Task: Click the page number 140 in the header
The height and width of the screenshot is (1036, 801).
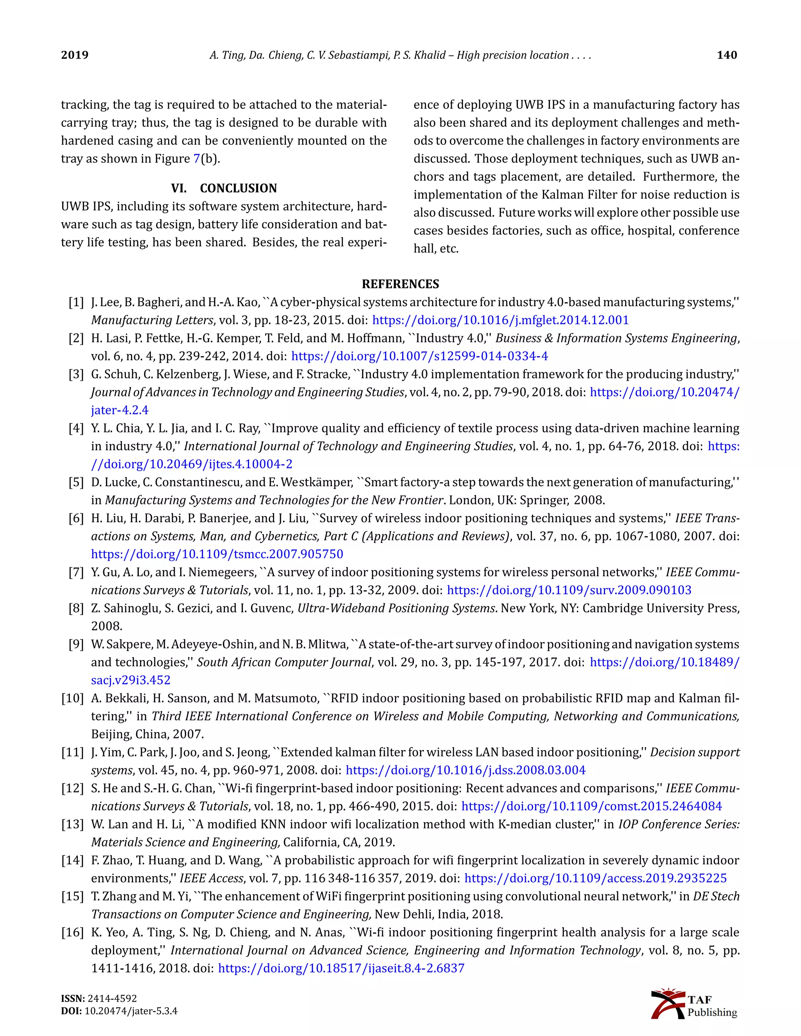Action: tap(727, 55)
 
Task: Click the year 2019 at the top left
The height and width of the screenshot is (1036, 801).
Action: tap(74, 55)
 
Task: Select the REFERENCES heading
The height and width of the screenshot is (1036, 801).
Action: tap(400, 284)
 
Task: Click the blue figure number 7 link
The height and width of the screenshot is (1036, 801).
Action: tap(196, 158)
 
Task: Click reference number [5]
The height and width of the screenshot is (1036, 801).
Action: tap(76, 482)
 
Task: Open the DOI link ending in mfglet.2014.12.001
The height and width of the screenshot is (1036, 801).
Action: tap(500, 320)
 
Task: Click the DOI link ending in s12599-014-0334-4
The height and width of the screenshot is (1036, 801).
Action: tap(420, 356)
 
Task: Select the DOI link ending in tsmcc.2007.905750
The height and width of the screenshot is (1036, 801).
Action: tap(217, 554)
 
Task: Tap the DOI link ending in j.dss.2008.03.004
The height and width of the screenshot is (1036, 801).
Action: tap(465, 771)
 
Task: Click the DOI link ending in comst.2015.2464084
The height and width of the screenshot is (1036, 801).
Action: tap(591, 807)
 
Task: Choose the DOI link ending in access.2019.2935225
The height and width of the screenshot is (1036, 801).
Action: tap(595, 878)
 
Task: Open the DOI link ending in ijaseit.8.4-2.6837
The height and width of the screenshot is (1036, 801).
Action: tap(341, 968)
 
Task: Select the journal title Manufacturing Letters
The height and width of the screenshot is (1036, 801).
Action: tap(152, 320)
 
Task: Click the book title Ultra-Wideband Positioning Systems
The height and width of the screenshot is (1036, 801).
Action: tap(396, 608)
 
